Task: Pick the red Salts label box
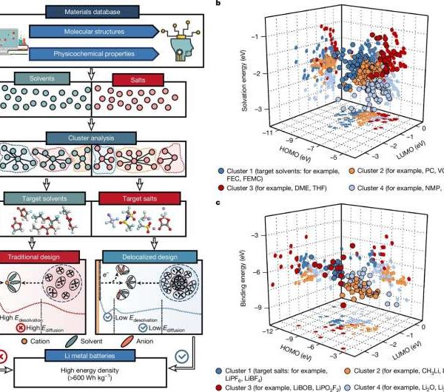(135, 78)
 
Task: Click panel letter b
(216, 5)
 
